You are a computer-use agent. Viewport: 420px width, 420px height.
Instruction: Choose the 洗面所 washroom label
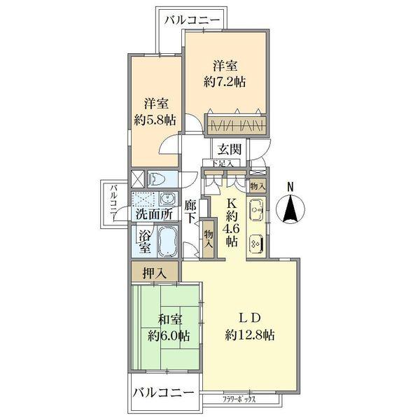pyautogui.click(x=153, y=214)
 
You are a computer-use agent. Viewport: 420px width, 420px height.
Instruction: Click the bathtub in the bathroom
pyautogui.click(x=169, y=243)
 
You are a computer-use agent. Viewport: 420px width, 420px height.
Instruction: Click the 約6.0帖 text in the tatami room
pyautogui.click(x=168, y=335)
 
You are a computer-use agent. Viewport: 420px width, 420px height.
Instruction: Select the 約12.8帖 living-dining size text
pyautogui.click(x=250, y=334)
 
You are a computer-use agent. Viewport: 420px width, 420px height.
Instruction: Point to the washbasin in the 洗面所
pyautogui.click(x=168, y=198)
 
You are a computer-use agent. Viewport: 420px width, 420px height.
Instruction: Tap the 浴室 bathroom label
pyautogui.click(x=145, y=241)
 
